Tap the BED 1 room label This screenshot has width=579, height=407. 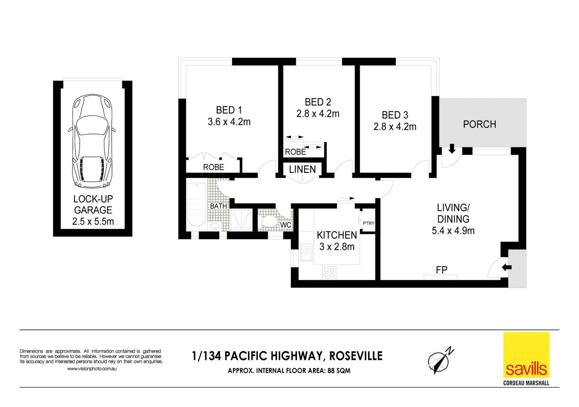coord(229,110)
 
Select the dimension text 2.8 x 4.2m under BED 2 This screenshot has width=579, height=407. coord(318,114)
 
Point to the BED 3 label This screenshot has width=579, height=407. coord(395,115)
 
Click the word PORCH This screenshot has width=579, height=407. coord(479,124)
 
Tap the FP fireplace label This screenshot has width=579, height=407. coord(441,270)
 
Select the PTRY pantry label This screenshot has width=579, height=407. coord(368,223)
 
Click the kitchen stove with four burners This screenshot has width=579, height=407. coord(329,272)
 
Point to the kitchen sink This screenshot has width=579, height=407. coord(306,252)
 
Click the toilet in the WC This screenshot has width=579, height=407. coord(269,221)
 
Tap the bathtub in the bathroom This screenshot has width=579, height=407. coord(197,205)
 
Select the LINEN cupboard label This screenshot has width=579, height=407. coord(302,170)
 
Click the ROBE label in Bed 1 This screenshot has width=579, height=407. coord(213,167)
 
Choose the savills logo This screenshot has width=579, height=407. coord(526,355)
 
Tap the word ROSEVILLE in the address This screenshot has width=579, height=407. coord(356,356)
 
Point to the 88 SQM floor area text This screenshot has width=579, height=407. coord(339,371)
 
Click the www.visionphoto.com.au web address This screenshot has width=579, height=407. coord(92,369)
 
